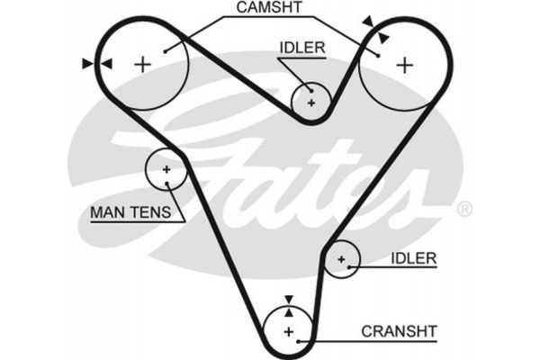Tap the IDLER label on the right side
click(413, 258)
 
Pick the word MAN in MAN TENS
click(106, 213)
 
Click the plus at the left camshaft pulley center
click(142, 64)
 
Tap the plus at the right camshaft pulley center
click(405, 64)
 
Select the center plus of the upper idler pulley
click(311, 103)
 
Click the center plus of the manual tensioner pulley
click(166, 169)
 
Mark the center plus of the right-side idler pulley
click(341, 260)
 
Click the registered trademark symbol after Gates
click(464, 209)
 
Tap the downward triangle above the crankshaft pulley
click(288, 301)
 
